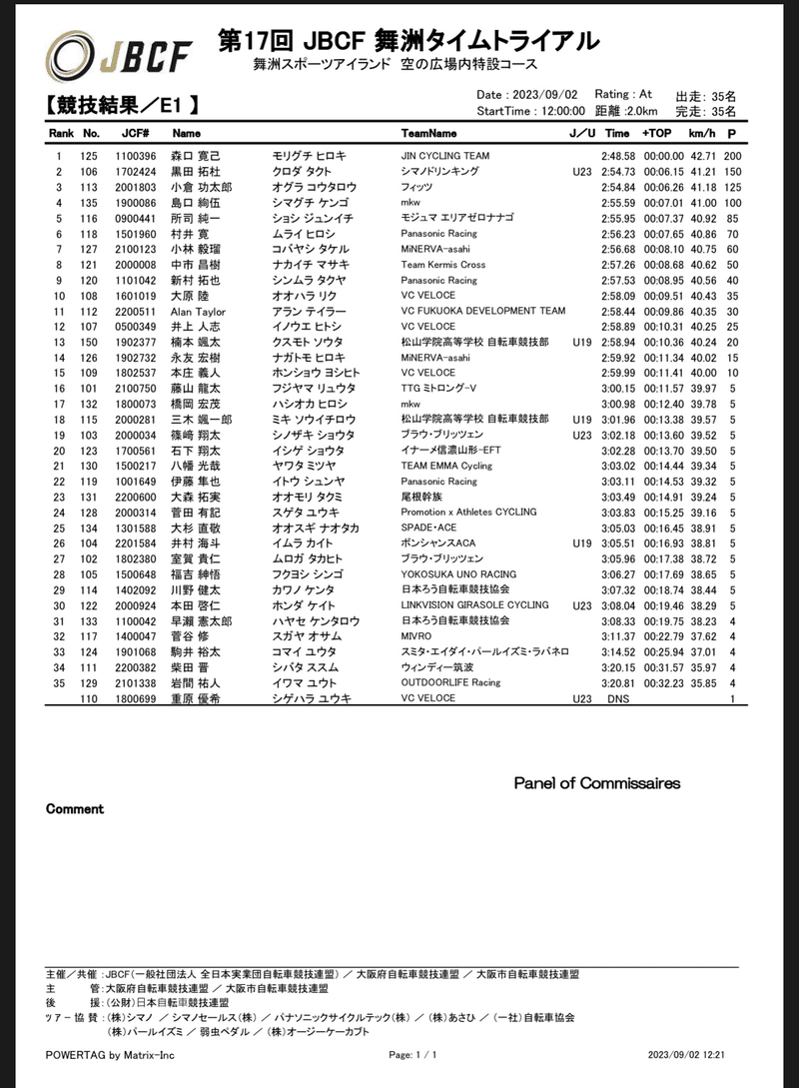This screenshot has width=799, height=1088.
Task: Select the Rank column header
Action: [61, 133]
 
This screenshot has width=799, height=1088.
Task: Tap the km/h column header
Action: [702, 133]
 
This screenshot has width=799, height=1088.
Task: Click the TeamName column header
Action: [428, 133]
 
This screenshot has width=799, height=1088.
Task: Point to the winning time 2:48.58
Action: [618, 157]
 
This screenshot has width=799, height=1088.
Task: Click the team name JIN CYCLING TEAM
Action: [445, 157]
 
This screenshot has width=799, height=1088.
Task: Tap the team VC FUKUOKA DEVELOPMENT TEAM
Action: [482, 312]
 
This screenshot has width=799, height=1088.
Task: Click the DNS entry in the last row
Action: [618, 698]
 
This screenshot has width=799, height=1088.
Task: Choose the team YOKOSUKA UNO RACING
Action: [458, 574]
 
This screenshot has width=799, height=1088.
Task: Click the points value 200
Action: [733, 157]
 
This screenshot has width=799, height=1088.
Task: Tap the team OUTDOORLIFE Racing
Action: [451, 683]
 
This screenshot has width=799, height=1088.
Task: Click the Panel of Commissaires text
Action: [597, 783]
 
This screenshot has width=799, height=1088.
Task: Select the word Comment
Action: [75, 809]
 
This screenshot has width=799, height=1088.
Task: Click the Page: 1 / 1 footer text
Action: [413, 1054]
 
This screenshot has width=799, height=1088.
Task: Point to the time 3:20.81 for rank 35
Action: [618, 683]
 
